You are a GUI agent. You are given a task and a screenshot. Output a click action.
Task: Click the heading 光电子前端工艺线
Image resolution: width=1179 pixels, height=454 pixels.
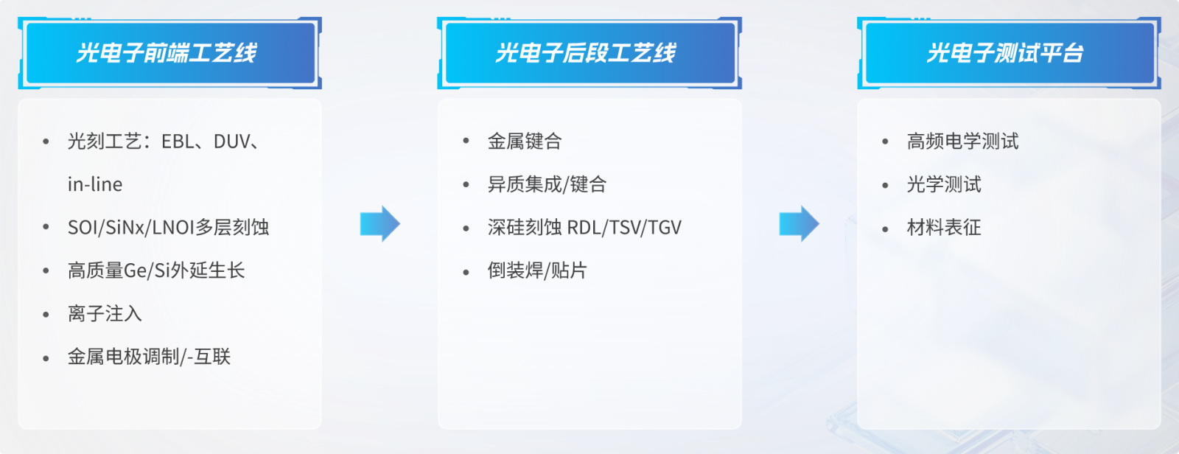pyautogui.click(x=167, y=53)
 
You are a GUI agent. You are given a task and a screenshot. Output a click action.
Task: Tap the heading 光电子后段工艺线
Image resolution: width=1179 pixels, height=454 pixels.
pyautogui.click(x=585, y=53)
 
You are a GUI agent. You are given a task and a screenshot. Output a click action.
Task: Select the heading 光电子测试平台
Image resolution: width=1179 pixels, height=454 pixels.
pyautogui.click(x=1005, y=53)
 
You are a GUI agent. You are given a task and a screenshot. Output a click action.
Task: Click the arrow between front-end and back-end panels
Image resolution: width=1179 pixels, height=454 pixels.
pyautogui.click(x=380, y=224)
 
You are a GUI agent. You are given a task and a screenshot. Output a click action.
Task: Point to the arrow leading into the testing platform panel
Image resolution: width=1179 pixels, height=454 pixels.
pyautogui.click(x=799, y=224)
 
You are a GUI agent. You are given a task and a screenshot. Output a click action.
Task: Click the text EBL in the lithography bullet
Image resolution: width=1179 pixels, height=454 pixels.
pyautogui.click(x=178, y=142)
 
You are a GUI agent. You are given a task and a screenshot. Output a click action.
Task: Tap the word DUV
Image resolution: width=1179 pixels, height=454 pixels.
pyautogui.click(x=231, y=142)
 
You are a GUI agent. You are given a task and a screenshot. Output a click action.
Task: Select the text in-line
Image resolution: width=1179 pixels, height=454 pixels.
pyautogui.click(x=95, y=184)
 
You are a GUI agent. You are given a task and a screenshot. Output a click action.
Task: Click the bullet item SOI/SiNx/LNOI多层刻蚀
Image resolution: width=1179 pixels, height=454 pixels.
pyautogui.click(x=169, y=228)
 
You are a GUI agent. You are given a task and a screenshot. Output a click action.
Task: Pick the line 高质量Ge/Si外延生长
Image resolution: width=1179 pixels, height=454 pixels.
pyautogui.click(x=156, y=270)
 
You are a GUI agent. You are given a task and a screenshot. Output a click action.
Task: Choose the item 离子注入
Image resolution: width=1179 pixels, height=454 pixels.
pyautogui.click(x=105, y=314)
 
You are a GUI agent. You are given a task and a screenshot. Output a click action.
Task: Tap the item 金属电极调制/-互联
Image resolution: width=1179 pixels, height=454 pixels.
pyautogui.click(x=149, y=357)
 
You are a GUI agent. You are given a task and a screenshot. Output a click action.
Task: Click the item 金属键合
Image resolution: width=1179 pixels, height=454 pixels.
pyautogui.click(x=525, y=142)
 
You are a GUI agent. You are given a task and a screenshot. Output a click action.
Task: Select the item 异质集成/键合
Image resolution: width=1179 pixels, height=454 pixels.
pyautogui.click(x=547, y=184)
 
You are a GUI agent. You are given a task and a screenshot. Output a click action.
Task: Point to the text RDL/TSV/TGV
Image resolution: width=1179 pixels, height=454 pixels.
pyautogui.click(x=625, y=228)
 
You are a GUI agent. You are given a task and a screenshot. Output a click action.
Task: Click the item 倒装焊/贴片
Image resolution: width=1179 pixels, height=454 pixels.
pyautogui.click(x=537, y=270)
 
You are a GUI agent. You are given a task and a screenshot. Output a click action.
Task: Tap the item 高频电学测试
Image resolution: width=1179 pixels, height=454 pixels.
pyautogui.click(x=962, y=142)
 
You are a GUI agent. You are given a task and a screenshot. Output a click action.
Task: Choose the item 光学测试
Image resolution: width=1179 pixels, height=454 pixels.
pyautogui.click(x=944, y=184)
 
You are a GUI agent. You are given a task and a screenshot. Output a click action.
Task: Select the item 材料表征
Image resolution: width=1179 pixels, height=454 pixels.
pyautogui.click(x=944, y=228)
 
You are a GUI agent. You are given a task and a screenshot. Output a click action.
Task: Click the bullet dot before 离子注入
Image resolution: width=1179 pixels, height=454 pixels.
pyautogui.click(x=46, y=315)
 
